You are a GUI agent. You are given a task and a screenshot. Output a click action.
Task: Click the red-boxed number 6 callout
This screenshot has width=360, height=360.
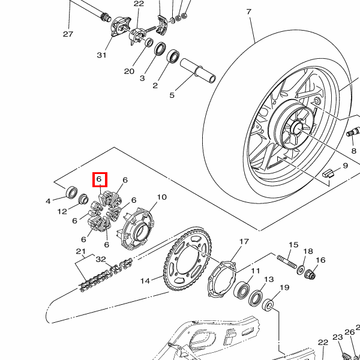pos(99,179)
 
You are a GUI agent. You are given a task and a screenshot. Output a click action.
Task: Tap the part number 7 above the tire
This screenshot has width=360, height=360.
pos(249,12)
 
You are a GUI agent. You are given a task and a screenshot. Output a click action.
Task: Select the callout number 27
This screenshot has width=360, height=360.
pos(68,34)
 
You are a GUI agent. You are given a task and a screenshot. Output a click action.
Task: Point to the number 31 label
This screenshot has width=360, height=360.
pos(101,55)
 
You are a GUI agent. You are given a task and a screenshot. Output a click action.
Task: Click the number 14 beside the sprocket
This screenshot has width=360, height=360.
pos(145,281)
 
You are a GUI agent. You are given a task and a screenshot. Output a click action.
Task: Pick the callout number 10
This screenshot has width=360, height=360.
pos(161,197)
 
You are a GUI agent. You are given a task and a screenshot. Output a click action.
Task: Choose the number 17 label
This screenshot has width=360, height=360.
pos(244,242)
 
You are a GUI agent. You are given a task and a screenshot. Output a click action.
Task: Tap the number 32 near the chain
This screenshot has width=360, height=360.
pos(101,259)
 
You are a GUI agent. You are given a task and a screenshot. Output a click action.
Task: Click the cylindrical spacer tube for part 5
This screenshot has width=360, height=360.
pos(198,70)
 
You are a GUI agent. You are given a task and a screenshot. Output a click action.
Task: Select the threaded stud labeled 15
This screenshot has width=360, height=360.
pos(287,262)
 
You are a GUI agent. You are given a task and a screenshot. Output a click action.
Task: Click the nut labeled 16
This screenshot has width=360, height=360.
pos(310,274)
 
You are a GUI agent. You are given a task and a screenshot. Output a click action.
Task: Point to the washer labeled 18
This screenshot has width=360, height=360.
pos(301,269)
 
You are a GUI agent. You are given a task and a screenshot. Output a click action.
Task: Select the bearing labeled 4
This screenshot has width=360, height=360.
pos(71,192)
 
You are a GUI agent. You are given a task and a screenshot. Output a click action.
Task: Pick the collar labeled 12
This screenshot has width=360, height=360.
pos(83,199)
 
